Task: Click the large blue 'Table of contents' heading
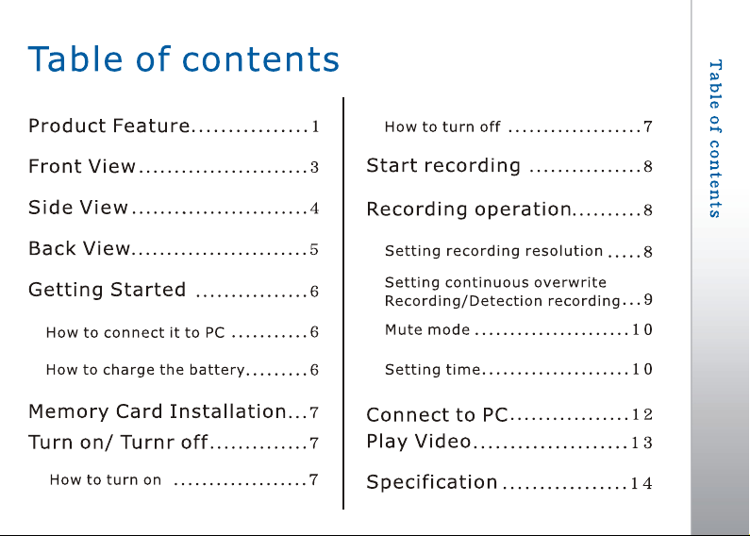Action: [x=184, y=59]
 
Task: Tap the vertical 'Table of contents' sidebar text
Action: [x=715, y=139]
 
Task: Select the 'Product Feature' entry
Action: [x=109, y=126]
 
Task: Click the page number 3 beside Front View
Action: [x=314, y=167]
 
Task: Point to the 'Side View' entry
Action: [x=78, y=208]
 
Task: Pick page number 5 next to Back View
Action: [x=314, y=249]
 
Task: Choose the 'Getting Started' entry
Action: [x=108, y=290]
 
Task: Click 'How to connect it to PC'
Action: [x=135, y=332]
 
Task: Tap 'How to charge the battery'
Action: [x=145, y=370]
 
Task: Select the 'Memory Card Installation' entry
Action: [x=158, y=411]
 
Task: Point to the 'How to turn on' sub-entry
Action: [x=106, y=479]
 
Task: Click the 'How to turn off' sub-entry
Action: [x=442, y=126]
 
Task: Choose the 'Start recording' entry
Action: [x=443, y=165]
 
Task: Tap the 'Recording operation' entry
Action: [x=469, y=209]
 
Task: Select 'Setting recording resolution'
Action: [x=493, y=251]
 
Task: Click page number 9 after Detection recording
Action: [x=648, y=299]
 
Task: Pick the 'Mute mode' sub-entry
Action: [x=427, y=329]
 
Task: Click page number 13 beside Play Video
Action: [x=642, y=443]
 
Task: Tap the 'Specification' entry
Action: [x=432, y=482]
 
